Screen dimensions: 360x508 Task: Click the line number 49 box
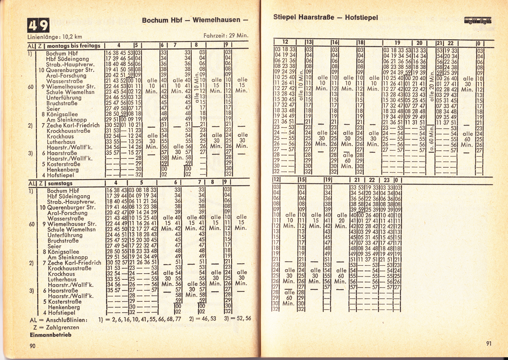38,25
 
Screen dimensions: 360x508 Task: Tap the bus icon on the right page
478,21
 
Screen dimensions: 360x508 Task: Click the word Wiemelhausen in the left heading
216,20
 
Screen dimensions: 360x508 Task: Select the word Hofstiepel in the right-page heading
361,18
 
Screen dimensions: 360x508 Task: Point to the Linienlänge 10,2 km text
55,37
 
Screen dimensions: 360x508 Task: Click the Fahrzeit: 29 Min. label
226,35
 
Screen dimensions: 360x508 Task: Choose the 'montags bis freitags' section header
74,46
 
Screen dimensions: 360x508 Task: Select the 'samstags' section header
60,183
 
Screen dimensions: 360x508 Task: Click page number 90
33,346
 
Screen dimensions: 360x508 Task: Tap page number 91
489,343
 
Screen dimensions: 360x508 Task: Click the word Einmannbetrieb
50,335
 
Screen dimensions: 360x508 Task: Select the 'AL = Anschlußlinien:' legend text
59,320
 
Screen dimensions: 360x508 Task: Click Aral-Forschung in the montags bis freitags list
66,76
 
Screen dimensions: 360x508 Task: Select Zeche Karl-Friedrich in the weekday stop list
73,125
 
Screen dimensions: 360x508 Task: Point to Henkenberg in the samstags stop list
64,307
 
